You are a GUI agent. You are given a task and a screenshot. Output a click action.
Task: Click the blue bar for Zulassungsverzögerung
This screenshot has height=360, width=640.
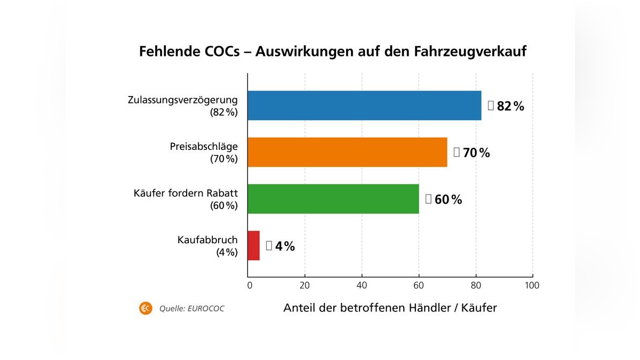pos(364,106)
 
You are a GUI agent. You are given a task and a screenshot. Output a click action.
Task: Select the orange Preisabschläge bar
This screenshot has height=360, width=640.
pos(347,153)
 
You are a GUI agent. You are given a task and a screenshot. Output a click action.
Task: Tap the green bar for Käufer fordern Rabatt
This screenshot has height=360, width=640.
pos(333,199)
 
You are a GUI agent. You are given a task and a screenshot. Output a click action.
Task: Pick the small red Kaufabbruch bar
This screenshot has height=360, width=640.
pos(254,246)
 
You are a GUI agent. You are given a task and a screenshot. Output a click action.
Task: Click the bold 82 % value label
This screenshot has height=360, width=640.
pos(510,106)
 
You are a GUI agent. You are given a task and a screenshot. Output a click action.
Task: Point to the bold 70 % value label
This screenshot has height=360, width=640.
pos(476,153)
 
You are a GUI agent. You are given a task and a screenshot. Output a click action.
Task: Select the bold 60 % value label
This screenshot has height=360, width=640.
pos(448,200)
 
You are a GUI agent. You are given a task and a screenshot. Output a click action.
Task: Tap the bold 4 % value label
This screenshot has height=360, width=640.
pos(285,246)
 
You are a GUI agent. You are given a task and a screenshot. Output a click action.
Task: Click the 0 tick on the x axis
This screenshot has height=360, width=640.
pos(250,285)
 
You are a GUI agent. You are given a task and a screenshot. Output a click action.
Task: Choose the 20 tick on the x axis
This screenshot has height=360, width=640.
pos(305,285)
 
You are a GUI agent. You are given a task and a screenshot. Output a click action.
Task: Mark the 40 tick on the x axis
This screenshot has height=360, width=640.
pos(362,285)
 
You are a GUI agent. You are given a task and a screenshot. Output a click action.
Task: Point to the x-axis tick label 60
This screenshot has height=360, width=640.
pos(419,285)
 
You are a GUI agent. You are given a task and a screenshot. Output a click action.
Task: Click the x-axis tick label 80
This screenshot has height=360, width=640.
pos(476,285)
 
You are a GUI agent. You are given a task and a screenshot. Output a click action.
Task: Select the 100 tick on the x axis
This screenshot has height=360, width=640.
pos(532,285)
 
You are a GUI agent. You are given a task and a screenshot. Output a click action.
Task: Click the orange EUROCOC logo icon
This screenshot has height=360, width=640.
pos(146,308)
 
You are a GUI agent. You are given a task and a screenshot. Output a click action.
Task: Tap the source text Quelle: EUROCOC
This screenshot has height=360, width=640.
pos(191,309)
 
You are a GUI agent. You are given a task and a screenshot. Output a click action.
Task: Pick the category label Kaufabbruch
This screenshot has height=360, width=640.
pos(207,241)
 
